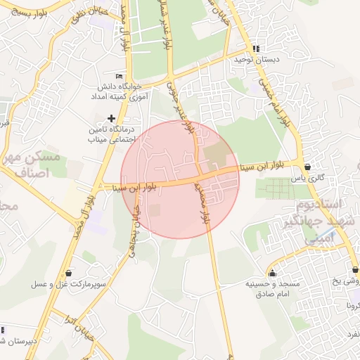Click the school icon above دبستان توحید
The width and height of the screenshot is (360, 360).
click(255, 49)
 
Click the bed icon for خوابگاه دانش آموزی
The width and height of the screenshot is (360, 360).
click(119, 76)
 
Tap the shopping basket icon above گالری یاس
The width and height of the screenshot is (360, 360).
click(308, 167)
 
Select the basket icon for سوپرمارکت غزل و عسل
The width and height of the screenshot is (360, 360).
click(67, 273)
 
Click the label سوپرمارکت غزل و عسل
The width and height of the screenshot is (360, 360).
click(63, 285)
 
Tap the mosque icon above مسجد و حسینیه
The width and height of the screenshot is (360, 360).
click(272, 273)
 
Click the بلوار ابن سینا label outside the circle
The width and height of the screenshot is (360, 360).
click(259, 166)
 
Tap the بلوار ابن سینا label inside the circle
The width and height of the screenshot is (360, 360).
click(133, 188)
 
